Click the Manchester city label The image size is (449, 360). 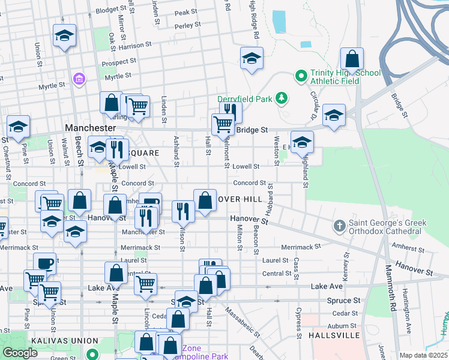point(90,128)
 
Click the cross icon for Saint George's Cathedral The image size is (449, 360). point(340,226)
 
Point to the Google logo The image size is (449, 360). point(20,353)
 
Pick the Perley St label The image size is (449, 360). point(187,26)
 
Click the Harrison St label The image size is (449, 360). point(135,46)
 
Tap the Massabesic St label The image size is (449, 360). point(244,322)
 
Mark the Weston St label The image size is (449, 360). point(277,149)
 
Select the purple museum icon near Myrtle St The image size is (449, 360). point(79,79)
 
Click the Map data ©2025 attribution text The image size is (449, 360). point(423,355)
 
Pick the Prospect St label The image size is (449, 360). point(118,62)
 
